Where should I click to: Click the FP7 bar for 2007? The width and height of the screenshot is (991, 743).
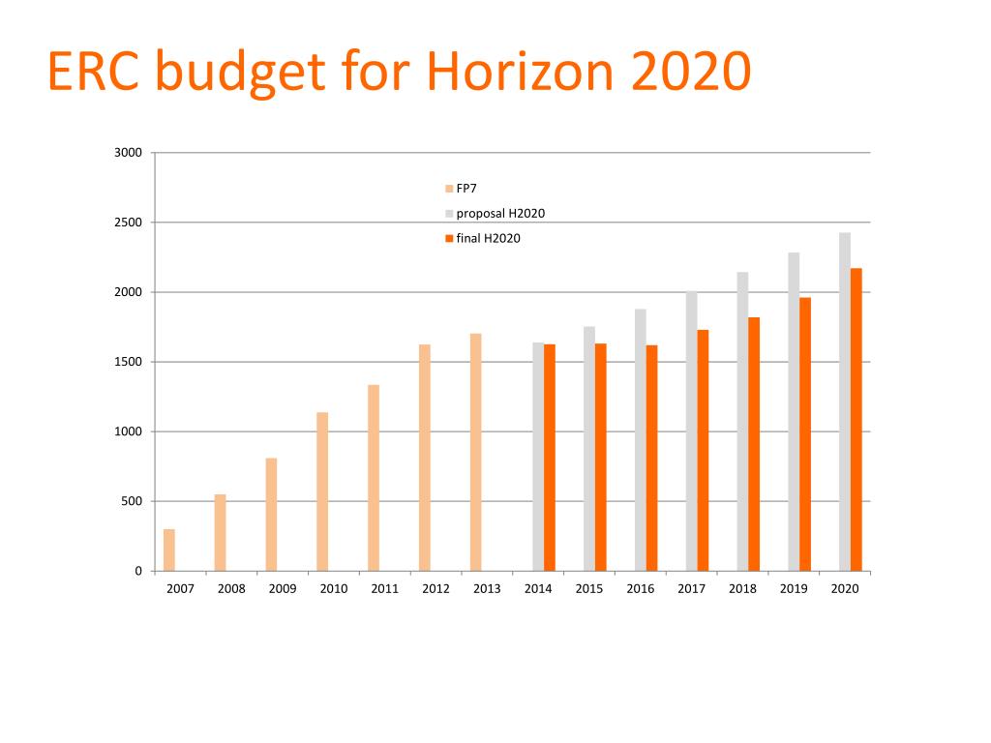(169, 550)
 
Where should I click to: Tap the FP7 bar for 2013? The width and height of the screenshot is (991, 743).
(475, 452)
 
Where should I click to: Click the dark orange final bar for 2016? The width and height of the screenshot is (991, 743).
(651, 458)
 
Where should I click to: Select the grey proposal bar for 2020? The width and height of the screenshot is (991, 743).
(845, 401)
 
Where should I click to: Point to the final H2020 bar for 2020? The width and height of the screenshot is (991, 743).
(856, 419)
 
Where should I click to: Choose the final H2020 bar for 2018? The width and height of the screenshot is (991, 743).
(754, 444)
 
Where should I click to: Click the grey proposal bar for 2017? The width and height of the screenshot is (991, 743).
(691, 431)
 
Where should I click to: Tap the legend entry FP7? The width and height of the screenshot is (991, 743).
(466, 189)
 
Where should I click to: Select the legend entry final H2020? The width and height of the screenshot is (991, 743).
(488, 238)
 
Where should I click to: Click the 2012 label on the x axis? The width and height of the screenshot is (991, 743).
(435, 588)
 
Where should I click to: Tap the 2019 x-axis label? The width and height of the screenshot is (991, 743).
(794, 588)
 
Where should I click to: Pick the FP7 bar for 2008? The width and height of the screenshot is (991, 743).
(220, 532)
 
